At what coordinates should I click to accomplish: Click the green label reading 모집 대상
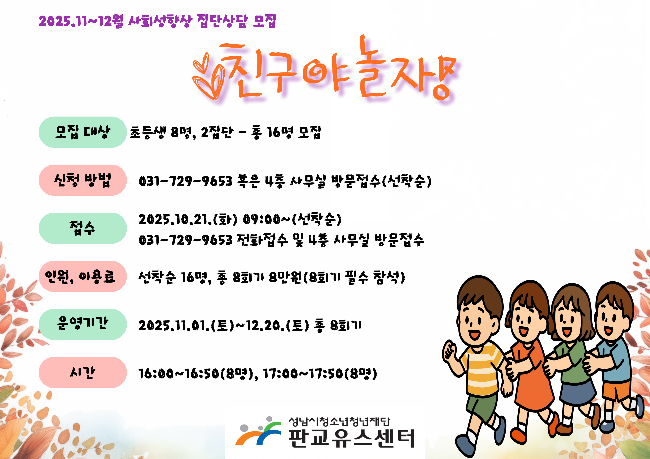82,132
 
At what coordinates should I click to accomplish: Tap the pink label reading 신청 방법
82,180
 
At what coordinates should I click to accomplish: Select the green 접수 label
82,228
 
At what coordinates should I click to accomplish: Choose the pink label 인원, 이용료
82,276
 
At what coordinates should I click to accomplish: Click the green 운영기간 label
82,324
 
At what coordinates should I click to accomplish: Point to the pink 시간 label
82,373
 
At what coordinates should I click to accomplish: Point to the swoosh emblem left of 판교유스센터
258,431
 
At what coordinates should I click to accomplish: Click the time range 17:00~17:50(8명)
320,374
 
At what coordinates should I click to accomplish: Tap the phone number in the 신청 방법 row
185,181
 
